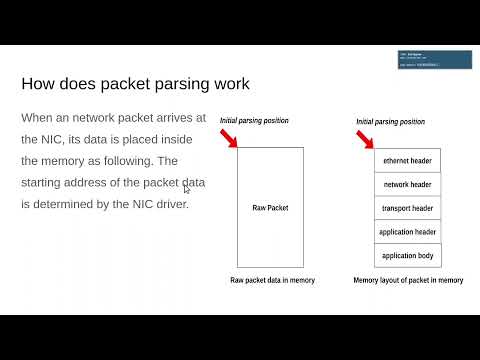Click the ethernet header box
407,161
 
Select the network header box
407,185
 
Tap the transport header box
407,209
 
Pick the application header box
407,232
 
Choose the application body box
407,256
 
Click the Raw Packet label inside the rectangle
270,209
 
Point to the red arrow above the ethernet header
368,138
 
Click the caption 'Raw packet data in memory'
272,280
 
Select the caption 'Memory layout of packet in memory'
408,280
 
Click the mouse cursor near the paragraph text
187,189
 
